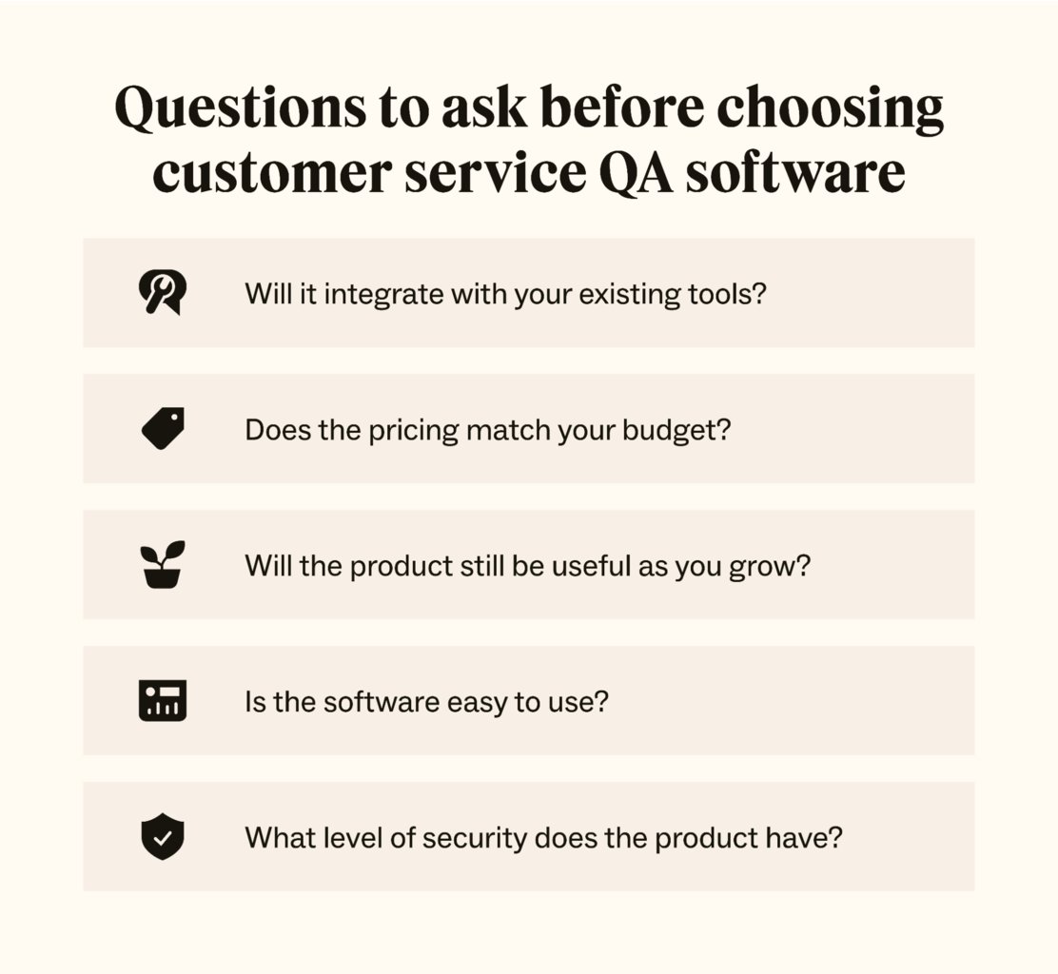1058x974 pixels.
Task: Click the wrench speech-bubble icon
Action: pos(163,292)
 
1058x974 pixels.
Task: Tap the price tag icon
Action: pos(163,428)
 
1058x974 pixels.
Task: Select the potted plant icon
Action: pos(163,564)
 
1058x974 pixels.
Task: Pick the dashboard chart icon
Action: pos(163,701)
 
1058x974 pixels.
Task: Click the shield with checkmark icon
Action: pos(163,837)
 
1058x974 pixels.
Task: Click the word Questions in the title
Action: pos(239,109)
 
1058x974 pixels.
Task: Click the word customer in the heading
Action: pos(271,174)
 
